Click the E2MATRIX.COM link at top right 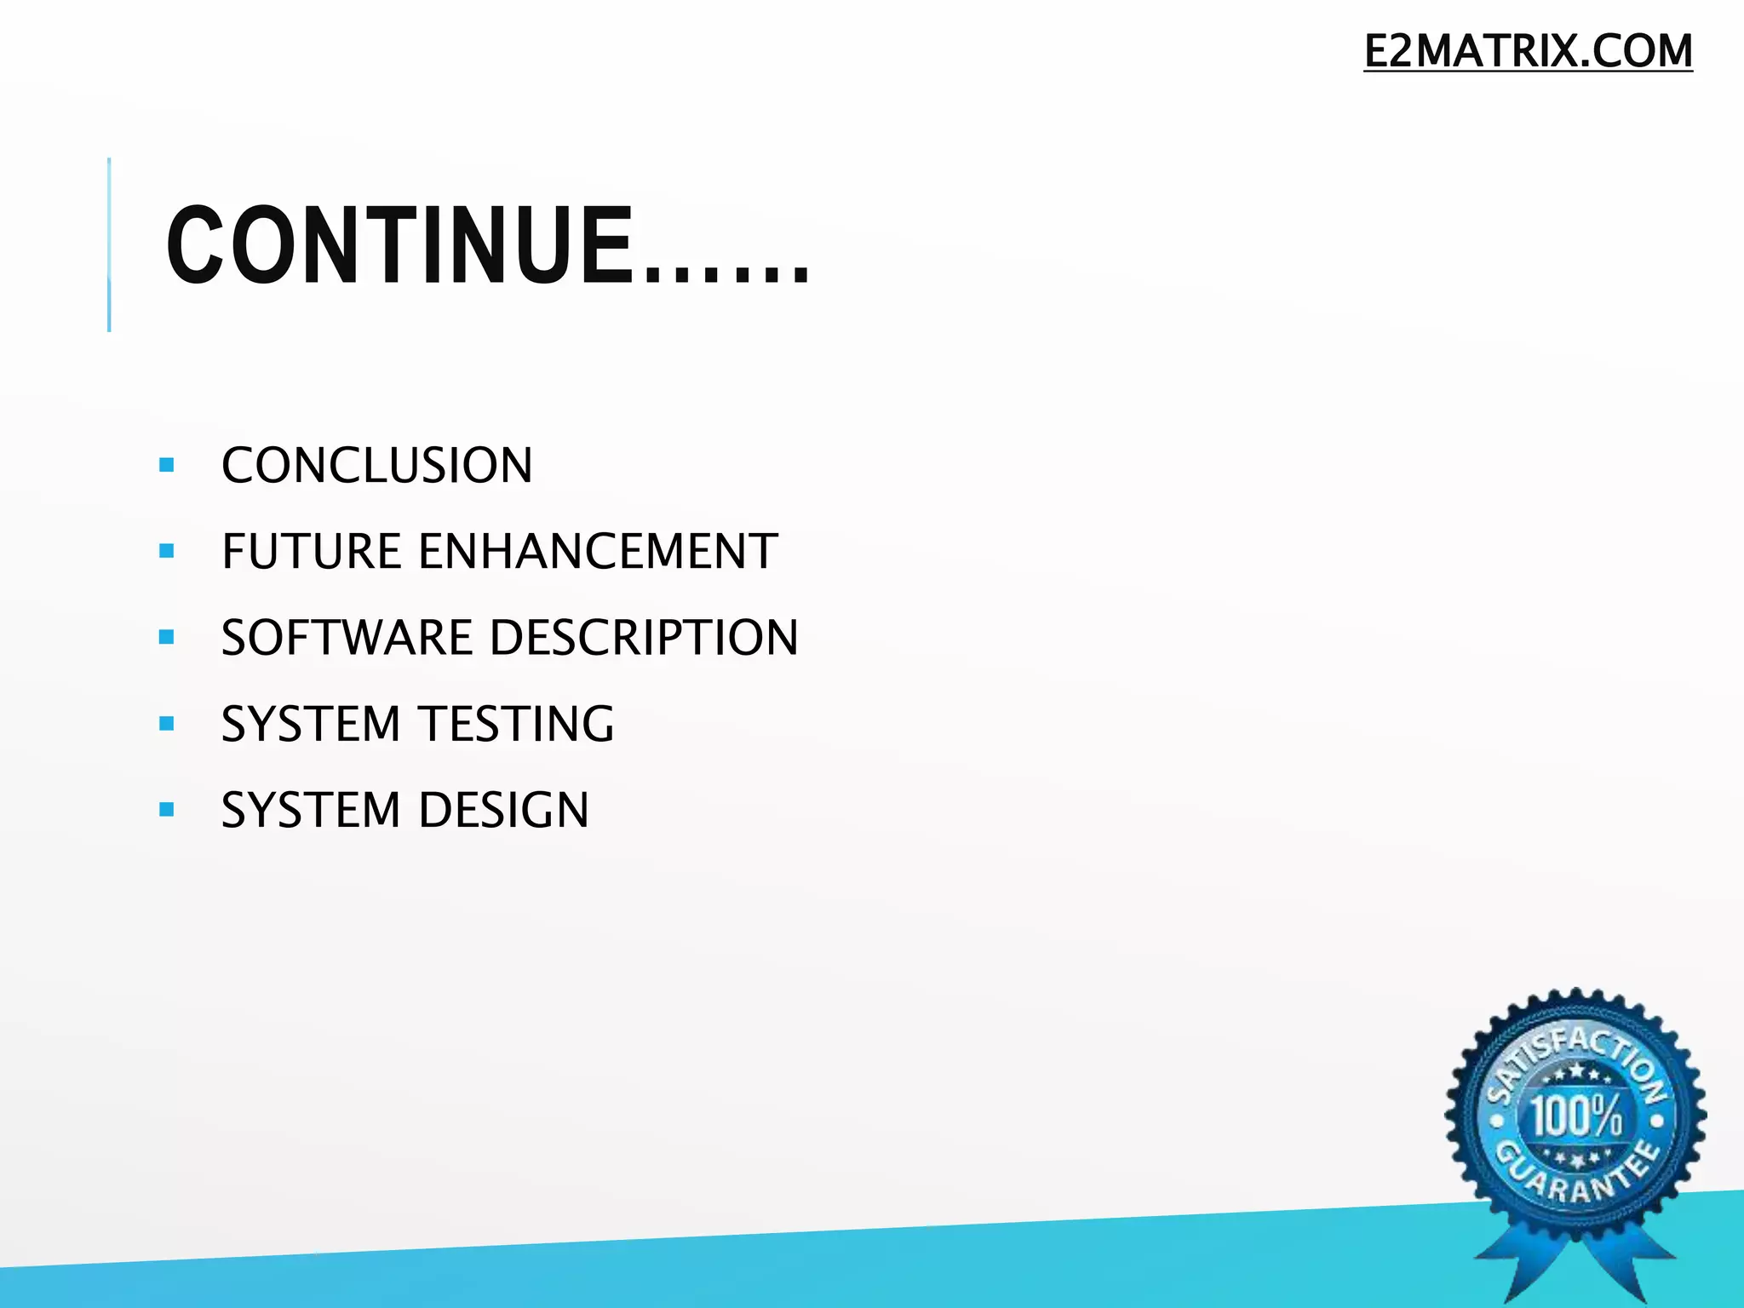click(1528, 51)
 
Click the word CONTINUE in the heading click(400, 247)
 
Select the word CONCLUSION click(377, 466)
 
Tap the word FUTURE click(311, 552)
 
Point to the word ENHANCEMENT click(598, 552)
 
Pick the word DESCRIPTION click(645, 638)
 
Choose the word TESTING click(516, 724)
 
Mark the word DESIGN click(503, 810)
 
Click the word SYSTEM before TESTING click(311, 724)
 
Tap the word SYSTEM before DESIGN click(311, 810)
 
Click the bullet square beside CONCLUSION click(167, 465)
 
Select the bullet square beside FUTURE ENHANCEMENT click(167, 551)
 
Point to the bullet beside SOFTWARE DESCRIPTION click(167, 637)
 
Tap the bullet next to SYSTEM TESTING click(167, 724)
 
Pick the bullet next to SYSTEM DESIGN click(167, 809)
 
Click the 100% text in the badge click(1577, 1116)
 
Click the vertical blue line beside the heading click(109, 244)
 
